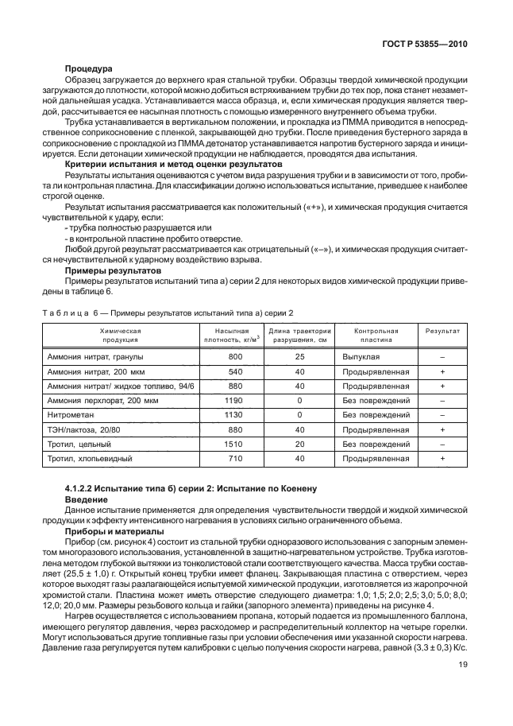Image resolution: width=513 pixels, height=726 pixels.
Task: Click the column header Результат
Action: [x=442, y=329]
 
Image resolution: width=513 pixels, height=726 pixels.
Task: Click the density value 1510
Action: [x=234, y=444]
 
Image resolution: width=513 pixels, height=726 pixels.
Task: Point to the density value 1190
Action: [x=234, y=399]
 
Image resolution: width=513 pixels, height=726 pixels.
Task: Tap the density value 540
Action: [x=234, y=371]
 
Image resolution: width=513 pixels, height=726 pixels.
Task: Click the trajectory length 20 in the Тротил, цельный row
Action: [x=299, y=444]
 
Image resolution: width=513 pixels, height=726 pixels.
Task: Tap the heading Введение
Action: [x=85, y=498]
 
